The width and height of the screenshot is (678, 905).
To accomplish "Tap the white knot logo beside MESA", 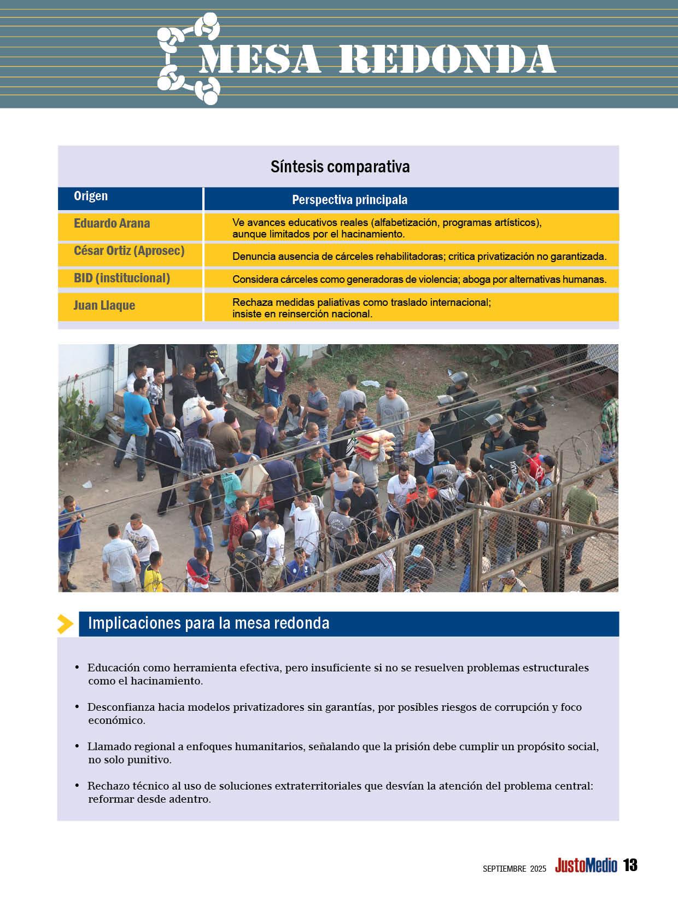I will [x=188, y=59].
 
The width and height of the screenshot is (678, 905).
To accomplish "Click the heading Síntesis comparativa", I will [x=340, y=167].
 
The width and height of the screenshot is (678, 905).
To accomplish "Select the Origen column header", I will [x=91, y=196].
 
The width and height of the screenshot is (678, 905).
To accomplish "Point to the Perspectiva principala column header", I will [x=349, y=200].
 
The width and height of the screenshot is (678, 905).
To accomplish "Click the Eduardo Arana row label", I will [x=112, y=223].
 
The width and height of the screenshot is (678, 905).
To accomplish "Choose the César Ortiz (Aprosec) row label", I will [x=129, y=251].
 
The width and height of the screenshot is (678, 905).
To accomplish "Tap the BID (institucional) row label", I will [x=122, y=278].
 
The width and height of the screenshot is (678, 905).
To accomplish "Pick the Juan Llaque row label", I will [x=104, y=305].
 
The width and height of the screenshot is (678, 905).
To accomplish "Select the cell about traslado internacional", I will [x=361, y=308].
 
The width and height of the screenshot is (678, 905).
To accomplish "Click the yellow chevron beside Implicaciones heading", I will [x=66, y=624].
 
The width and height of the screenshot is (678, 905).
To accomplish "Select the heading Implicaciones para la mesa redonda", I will [x=208, y=623].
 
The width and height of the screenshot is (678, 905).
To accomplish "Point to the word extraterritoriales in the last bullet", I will [x=318, y=786].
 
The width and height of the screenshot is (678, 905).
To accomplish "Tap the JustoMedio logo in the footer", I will [x=586, y=866].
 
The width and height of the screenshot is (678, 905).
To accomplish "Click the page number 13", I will [x=630, y=866].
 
